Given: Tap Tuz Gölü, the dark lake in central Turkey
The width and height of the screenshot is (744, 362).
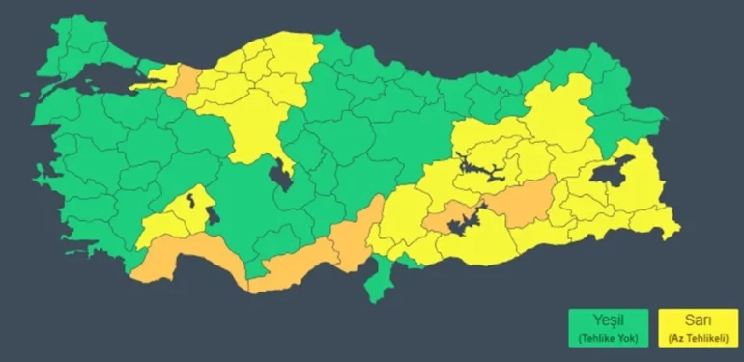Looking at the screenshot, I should tap(281, 174).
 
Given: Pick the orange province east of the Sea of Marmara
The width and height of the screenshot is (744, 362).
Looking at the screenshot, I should tap(185, 83).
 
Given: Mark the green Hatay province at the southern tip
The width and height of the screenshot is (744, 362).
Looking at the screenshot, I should tap(383, 276).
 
